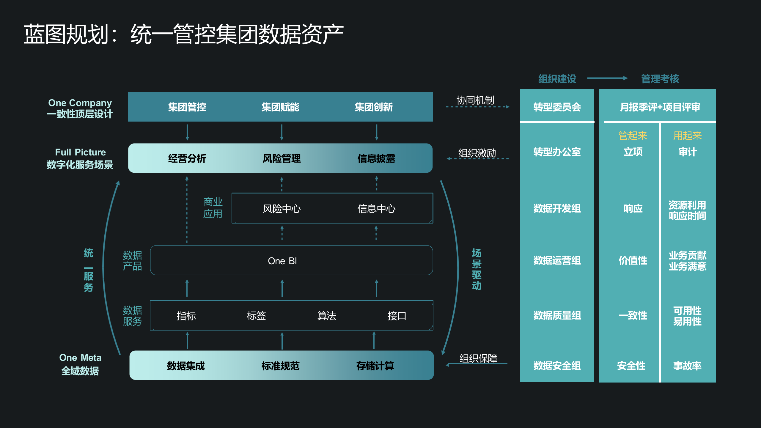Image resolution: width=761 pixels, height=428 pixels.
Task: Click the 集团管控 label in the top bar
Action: point(187,107)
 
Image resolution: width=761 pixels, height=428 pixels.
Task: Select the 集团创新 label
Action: point(374,107)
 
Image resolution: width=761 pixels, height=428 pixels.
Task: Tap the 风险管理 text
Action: point(282,158)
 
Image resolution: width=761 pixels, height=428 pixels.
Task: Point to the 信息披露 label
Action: point(376,158)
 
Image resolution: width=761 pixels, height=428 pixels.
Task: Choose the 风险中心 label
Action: point(282,209)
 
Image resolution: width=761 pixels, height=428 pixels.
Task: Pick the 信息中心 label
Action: point(376,209)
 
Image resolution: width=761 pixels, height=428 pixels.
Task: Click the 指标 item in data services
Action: point(186,316)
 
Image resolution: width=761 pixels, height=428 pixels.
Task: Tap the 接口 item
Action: point(397,316)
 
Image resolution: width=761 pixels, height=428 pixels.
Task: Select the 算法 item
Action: point(327,316)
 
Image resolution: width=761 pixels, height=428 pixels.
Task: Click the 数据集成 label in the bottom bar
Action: point(186,366)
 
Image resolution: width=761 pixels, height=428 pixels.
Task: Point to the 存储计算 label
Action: point(375,366)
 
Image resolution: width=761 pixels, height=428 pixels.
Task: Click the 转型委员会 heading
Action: point(557,107)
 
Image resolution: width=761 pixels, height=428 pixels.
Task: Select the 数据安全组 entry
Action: point(557,366)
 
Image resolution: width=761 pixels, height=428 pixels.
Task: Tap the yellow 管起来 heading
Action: point(633,136)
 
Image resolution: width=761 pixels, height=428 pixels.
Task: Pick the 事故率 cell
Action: point(687,366)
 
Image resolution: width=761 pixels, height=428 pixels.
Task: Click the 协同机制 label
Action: point(475,100)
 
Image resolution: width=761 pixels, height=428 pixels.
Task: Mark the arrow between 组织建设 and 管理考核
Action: point(607,78)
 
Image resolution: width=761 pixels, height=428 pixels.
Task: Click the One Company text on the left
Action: point(80,103)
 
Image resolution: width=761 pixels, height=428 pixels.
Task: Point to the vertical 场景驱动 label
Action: point(477,269)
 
